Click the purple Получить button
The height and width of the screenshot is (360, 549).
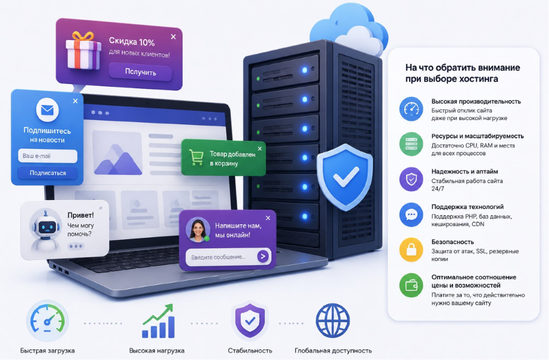pos(140,72)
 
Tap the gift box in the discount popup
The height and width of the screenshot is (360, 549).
pos(83,50)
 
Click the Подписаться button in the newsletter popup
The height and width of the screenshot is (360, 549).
pos(48,173)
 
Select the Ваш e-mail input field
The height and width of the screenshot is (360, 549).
pos(48,156)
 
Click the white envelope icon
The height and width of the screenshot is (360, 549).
pos(47,110)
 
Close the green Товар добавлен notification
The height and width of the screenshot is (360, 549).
pos(260,149)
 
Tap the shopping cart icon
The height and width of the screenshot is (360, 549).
pos(196,157)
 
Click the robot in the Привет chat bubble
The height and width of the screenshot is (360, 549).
pos(46,230)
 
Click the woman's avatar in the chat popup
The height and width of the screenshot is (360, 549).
pos(198,230)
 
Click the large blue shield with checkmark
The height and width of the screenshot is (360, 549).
pos(345,177)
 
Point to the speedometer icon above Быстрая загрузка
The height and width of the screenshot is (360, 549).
pos(48,321)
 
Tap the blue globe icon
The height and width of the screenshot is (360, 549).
pos(333,321)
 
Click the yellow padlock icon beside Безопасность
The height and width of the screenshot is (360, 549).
pos(411,250)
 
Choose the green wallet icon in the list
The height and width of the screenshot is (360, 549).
pos(411,286)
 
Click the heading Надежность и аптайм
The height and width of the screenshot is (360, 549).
pos(465,172)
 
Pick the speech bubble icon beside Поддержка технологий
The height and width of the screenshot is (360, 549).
pos(411,214)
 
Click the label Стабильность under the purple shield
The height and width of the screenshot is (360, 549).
pos(250,351)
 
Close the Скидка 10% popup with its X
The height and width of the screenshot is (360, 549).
pos(173,37)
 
